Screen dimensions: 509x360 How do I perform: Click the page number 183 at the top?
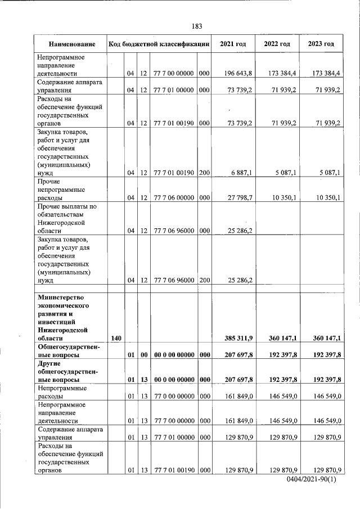pyautogui.click(x=196, y=26)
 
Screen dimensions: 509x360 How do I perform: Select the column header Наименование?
pyautogui.click(x=71, y=44)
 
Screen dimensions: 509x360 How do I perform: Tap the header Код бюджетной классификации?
pyautogui.click(x=159, y=44)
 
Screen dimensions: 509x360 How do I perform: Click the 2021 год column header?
pyautogui.click(x=233, y=44)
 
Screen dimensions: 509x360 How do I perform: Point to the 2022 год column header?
pyautogui.click(x=277, y=44)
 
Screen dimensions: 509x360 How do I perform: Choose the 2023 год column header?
pyautogui.click(x=321, y=44)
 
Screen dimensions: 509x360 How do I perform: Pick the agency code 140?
pyautogui.click(x=116, y=337)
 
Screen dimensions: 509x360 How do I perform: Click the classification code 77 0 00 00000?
pyautogui.click(x=173, y=396)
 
